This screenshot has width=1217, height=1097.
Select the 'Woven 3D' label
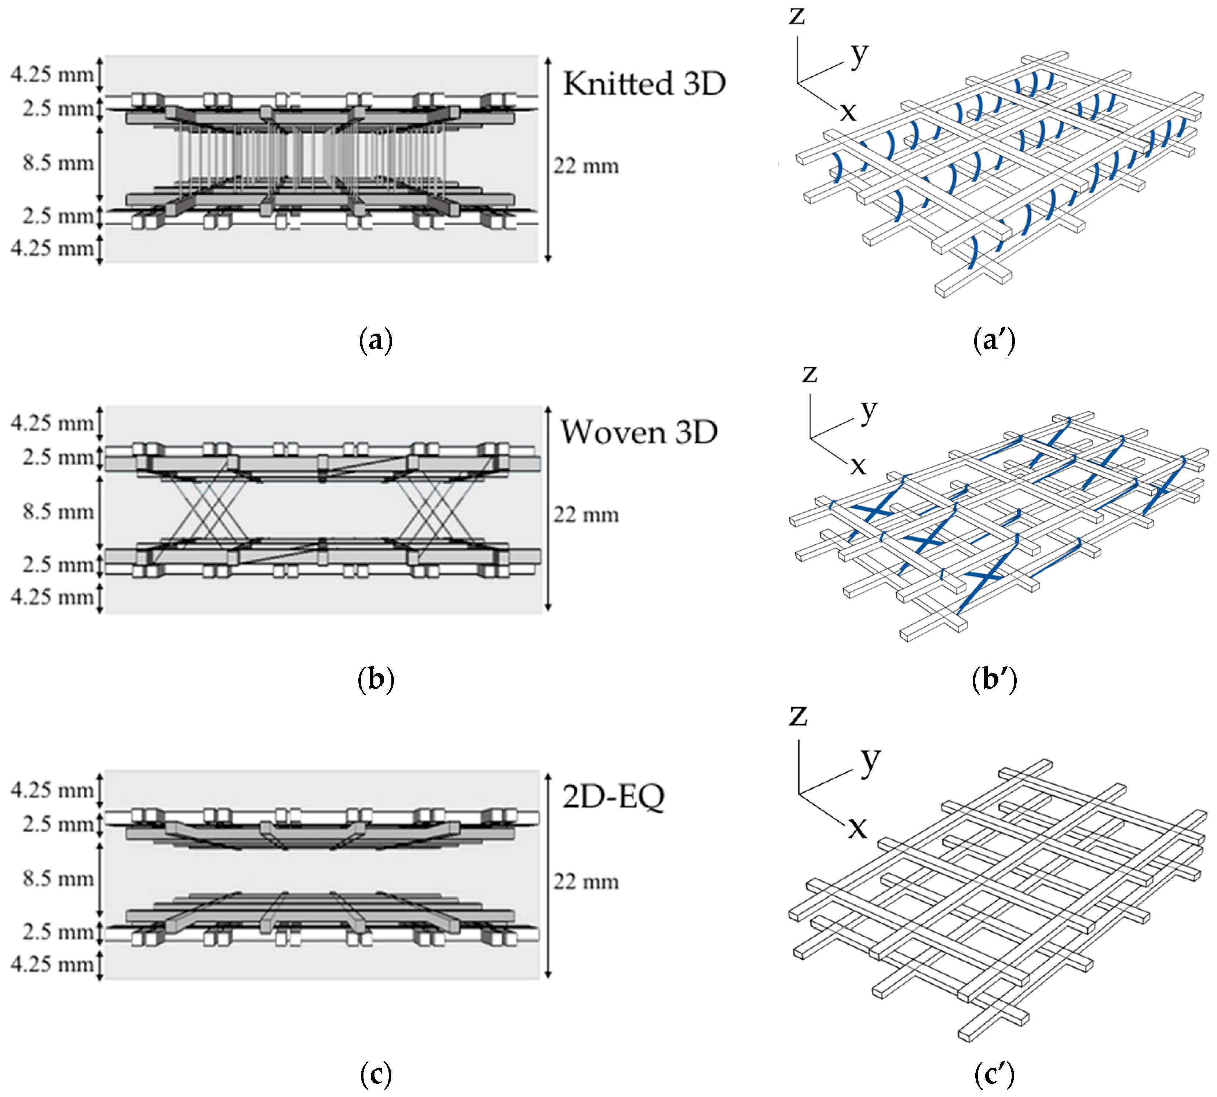click(639, 432)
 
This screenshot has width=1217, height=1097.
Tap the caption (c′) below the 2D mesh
click(994, 1074)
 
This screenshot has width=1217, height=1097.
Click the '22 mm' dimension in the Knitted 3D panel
click(586, 166)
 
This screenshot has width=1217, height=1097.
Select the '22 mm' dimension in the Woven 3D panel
click(586, 515)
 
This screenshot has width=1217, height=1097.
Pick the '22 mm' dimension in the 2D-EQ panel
click(586, 882)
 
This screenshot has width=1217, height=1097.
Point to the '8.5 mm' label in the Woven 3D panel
click(58, 512)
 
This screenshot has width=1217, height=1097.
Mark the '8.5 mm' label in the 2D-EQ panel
click(58, 879)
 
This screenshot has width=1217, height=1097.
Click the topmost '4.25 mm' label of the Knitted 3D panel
click(52, 75)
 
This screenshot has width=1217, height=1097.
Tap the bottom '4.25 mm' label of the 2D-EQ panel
click(52, 965)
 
